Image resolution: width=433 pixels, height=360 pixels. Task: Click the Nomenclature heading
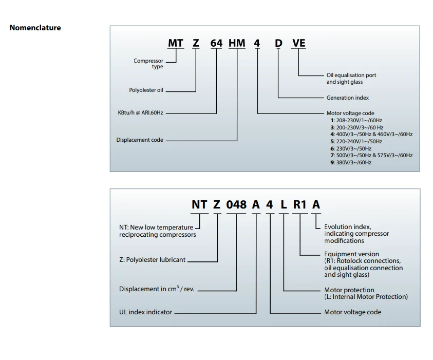[x=35, y=28]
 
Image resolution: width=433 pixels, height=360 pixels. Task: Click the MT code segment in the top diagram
[x=176, y=43]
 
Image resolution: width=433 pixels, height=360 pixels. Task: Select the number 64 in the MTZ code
[x=216, y=43]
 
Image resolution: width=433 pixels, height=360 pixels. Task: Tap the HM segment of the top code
[x=237, y=43]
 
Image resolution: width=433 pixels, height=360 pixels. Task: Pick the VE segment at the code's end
[x=298, y=43]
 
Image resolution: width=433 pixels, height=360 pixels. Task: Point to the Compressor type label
[x=148, y=64]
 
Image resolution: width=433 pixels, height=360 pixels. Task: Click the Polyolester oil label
[x=146, y=90]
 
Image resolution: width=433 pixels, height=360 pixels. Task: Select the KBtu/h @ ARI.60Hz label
[x=140, y=112]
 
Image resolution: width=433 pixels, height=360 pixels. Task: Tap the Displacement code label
[x=140, y=140]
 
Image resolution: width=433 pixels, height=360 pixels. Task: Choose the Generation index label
[x=347, y=98]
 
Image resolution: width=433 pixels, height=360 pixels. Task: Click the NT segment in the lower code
[x=199, y=204]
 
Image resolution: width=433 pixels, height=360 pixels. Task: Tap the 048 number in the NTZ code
[x=236, y=204]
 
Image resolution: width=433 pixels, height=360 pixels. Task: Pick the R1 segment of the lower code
[x=299, y=204]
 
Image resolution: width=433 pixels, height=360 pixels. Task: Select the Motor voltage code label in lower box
[x=352, y=312]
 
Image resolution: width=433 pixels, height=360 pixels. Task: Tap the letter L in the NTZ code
[x=283, y=204]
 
